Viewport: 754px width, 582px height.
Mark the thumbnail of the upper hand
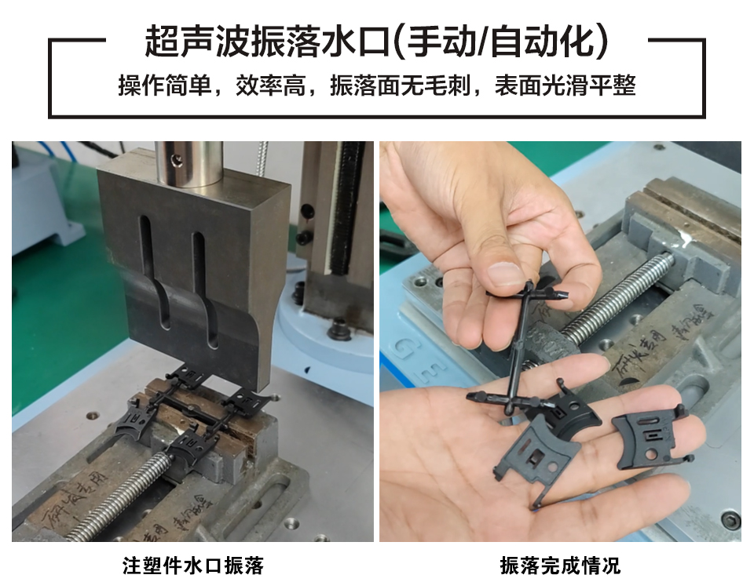(x=502, y=275)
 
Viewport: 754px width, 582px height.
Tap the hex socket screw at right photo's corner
(x=730, y=519)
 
